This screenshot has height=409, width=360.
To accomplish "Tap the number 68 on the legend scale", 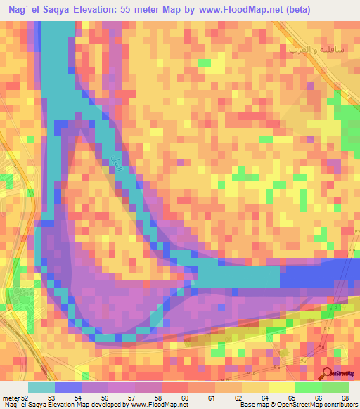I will (x=345, y=398).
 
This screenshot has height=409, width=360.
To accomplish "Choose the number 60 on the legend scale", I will (x=185, y=398).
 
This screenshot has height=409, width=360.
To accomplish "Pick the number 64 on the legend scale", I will (x=265, y=398).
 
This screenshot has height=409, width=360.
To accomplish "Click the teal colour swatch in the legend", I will (x=41, y=387).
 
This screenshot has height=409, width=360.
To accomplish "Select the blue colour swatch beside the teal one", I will (x=68, y=387).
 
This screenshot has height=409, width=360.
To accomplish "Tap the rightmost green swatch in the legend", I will (x=335, y=387).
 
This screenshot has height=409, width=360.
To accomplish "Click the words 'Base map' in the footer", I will (x=252, y=405).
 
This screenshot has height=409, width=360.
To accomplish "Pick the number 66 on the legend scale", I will (x=319, y=398).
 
